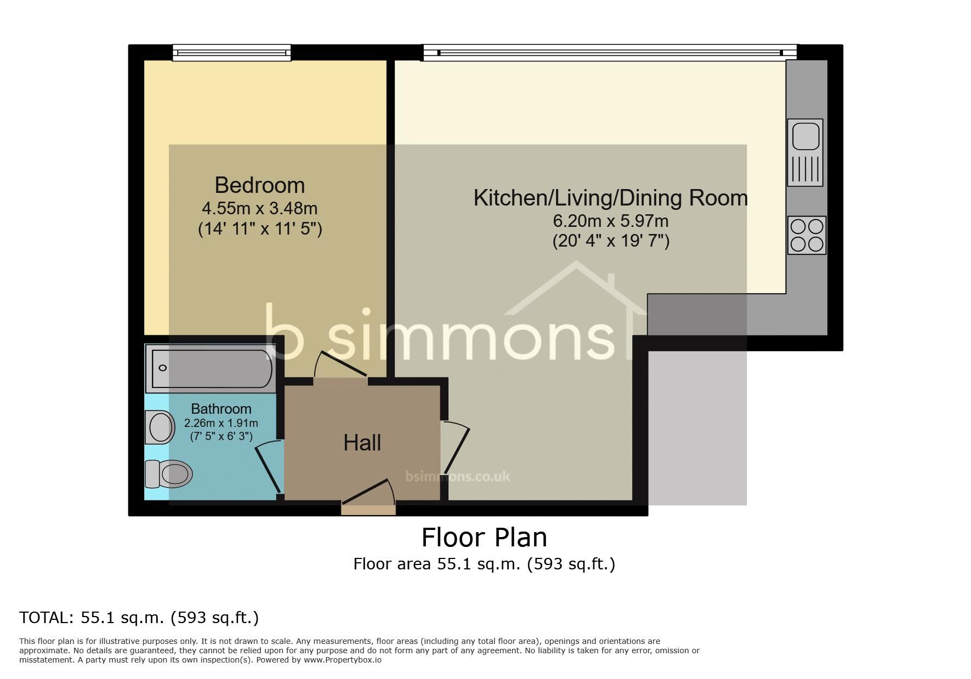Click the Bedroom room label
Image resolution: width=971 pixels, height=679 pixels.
[x=259, y=185]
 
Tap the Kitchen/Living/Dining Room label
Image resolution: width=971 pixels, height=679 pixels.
[x=611, y=198]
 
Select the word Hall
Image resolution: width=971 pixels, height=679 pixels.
[x=362, y=443]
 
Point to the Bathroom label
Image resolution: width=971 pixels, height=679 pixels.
[x=221, y=409]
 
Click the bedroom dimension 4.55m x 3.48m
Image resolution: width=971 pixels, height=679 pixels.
[x=260, y=208]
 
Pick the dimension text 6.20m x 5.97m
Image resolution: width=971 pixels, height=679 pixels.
[x=611, y=221]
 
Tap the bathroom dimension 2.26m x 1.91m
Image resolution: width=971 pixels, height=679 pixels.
[x=221, y=423]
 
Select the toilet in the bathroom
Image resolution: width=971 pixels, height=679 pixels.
[x=168, y=473]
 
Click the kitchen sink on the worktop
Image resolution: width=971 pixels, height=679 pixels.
[x=805, y=152]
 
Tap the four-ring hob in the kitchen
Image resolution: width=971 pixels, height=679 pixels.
[x=807, y=235]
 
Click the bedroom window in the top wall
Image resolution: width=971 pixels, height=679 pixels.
[x=231, y=53]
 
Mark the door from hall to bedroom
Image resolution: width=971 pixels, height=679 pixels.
[x=340, y=364]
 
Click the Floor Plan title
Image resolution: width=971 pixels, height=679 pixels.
[x=484, y=537]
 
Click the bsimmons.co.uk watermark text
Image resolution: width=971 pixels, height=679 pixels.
[x=458, y=476]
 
